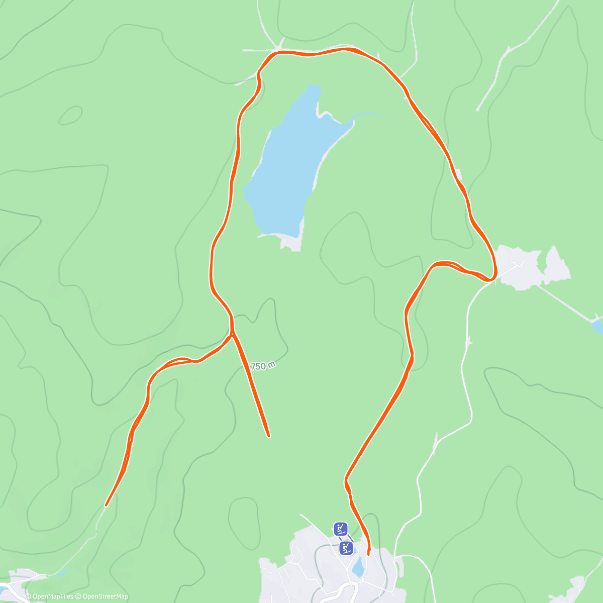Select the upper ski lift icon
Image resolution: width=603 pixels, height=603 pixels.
click(341, 529)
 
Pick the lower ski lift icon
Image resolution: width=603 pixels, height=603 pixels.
click(346, 548)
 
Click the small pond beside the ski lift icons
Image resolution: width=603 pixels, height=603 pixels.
click(358, 568)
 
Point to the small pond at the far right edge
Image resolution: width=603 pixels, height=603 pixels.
click(597, 327)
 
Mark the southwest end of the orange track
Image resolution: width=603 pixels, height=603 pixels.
click(106, 505)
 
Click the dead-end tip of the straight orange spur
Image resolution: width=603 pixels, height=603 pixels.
click(269, 436)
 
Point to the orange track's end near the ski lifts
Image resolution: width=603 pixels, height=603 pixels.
click(368, 554)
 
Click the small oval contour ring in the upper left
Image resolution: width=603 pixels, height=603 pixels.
click(70, 116)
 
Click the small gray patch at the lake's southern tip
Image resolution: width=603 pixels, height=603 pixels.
click(291, 242)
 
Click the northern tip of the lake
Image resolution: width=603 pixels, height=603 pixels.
click(315, 88)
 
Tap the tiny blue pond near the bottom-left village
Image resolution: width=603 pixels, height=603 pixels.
click(61, 573)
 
